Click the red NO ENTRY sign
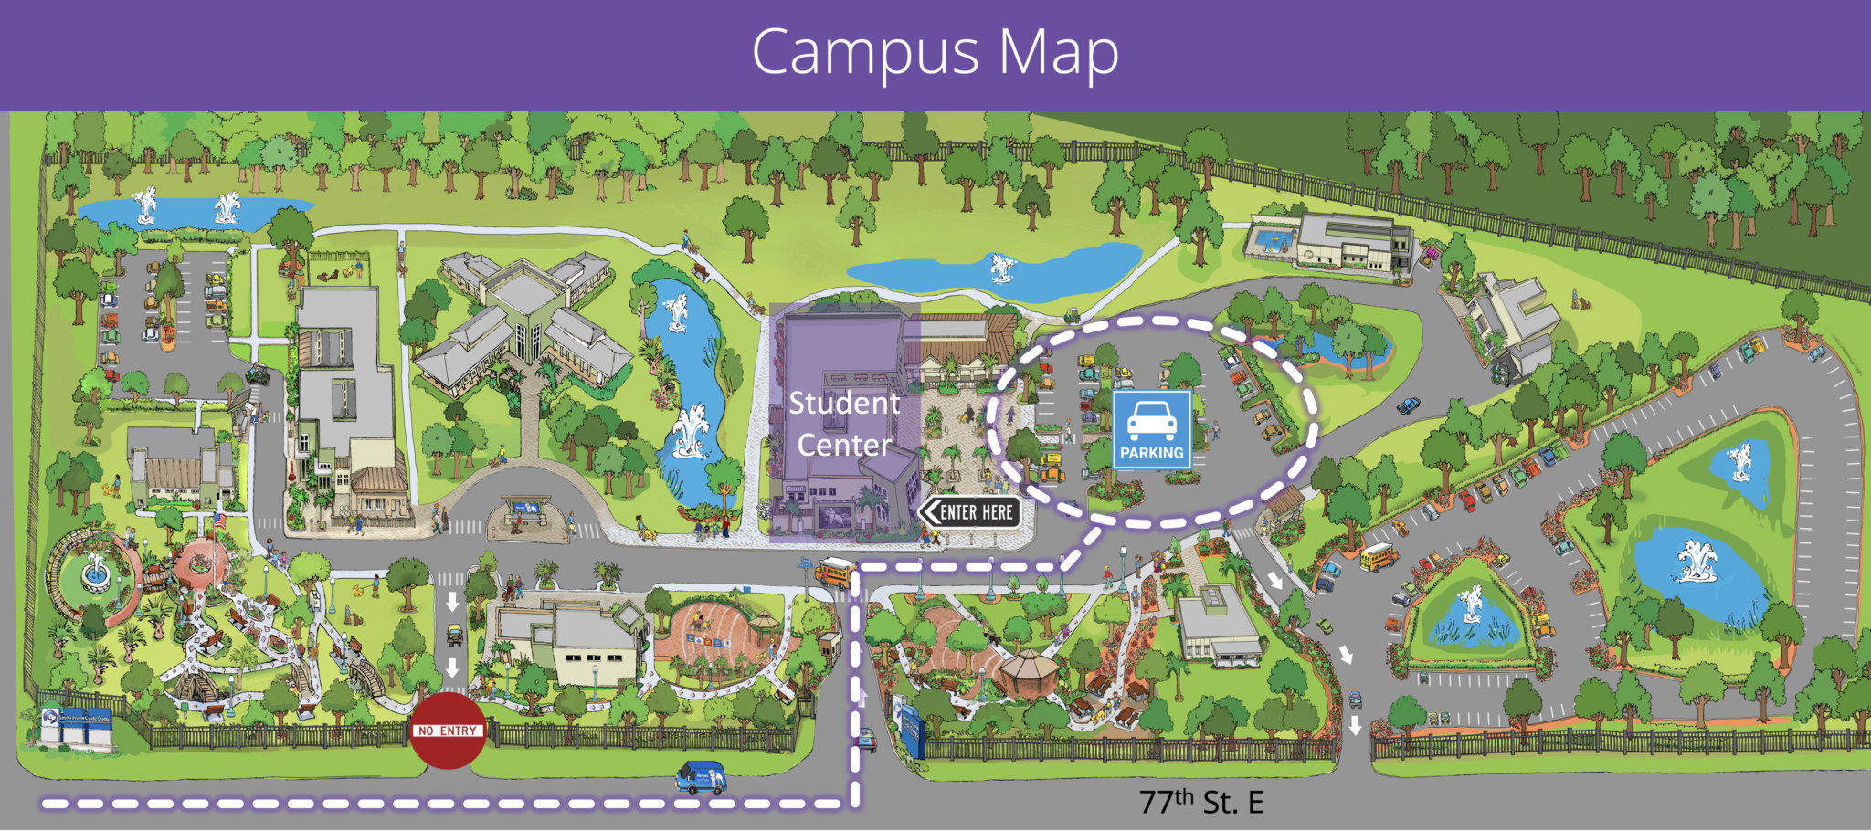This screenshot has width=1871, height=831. [448, 730]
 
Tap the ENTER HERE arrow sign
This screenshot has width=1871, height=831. [969, 512]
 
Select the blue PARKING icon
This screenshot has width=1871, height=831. [1151, 429]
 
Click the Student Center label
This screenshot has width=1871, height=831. [843, 424]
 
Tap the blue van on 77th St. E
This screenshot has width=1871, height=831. [702, 778]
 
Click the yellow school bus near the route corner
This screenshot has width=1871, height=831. [834, 572]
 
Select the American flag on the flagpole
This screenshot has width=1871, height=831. [219, 521]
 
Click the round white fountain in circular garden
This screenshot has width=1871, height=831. [94, 573]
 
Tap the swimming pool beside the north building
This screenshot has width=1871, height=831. [1273, 240]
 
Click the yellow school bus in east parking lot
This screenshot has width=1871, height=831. [1378, 555]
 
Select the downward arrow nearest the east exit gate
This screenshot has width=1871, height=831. [1355, 725]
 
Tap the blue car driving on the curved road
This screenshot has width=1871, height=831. [1408, 405]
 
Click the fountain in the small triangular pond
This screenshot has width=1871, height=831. [1471, 606]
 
